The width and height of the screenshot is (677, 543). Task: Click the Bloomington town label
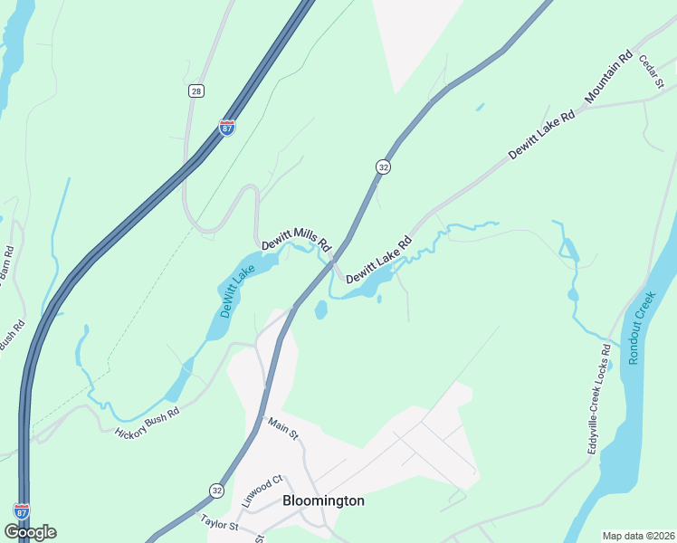323,500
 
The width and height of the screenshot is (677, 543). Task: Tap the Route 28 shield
196,91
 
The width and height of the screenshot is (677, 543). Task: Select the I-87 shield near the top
226,128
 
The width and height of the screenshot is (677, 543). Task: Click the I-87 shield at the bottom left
22,511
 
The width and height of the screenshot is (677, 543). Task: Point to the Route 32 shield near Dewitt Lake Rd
384,167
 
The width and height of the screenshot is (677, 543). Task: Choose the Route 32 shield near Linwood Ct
216,490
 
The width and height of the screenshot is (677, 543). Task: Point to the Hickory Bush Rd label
148,422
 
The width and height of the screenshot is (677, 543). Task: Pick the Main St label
282,429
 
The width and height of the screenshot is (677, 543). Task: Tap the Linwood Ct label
262,489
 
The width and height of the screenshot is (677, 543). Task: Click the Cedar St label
652,71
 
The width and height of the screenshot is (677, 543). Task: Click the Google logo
30,532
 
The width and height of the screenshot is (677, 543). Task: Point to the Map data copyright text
638,536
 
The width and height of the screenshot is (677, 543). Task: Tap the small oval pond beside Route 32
320,310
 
